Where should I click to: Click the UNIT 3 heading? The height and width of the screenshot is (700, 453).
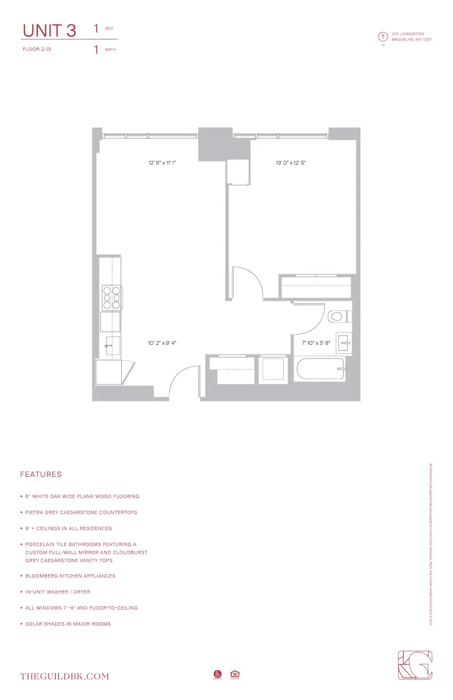tap(49, 30)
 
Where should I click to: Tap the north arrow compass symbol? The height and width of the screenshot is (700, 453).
tap(382, 37)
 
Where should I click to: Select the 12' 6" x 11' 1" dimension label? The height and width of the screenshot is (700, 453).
tap(162, 163)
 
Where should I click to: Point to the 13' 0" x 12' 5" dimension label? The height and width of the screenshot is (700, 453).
tap(291, 163)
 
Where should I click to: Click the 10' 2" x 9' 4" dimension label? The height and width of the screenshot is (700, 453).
tap(162, 343)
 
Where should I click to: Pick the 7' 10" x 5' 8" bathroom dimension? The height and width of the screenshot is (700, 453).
tap(316, 343)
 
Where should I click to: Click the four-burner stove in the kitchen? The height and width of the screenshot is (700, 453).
tap(110, 297)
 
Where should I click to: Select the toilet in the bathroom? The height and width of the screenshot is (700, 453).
tap(339, 316)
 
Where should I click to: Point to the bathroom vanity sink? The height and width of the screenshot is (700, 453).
tap(343, 343)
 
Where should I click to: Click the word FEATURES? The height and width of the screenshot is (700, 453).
tap(41, 475)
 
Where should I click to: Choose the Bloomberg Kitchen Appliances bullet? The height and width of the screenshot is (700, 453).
tap(70, 576)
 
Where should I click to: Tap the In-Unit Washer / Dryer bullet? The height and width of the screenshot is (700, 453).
tap(58, 592)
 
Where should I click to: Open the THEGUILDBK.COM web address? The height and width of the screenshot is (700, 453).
tap(64, 677)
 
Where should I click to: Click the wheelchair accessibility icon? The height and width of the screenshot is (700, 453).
tap(217, 674)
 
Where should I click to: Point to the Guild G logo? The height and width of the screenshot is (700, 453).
tap(415, 666)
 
